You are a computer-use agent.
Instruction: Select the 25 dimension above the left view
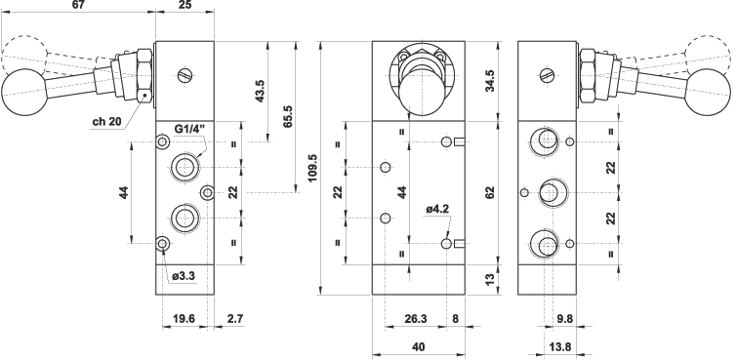pos(185,5)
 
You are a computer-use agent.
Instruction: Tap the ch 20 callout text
pos(106,122)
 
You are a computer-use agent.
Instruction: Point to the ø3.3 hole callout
pos(184,276)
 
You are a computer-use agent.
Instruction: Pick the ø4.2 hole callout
pos(438,208)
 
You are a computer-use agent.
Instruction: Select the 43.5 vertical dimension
pos(260,91)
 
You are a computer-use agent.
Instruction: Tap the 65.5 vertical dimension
pos(288,116)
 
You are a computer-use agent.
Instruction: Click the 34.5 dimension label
pos(490,81)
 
